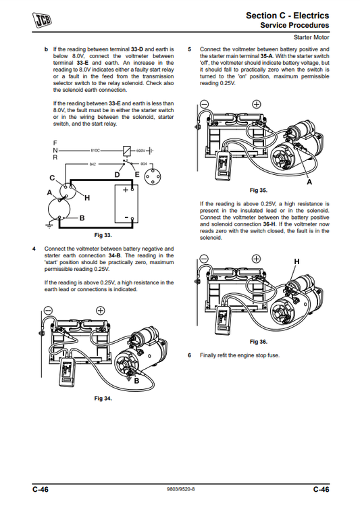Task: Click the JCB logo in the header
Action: tap(42, 20)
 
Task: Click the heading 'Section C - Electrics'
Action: tap(288, 16)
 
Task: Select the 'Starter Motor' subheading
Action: tap(311, 37)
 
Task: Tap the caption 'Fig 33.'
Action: tap(103, 235)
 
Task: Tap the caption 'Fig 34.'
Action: tap(103, 398)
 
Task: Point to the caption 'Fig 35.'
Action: tap(259, 190)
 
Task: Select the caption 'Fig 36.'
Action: tap(259, 342)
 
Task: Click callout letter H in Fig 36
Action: tap(297, 261)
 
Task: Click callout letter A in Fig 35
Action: tap(309, 182)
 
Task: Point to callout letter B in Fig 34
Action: tap(136, 381)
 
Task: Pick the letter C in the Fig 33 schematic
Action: tap(52, 178)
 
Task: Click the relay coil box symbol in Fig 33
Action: tap(127, 151)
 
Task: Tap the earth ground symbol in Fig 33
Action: tap(49, 226)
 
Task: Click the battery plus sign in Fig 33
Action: tap(126, 190)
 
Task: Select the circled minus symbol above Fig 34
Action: tap(48, 310)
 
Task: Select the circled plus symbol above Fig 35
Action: tap(256, 104)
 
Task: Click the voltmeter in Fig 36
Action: tap(224, 319)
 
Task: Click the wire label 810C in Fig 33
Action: tap(95, 151)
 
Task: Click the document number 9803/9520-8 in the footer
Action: tap(181, 489)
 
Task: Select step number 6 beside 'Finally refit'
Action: tap(190, 355)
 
